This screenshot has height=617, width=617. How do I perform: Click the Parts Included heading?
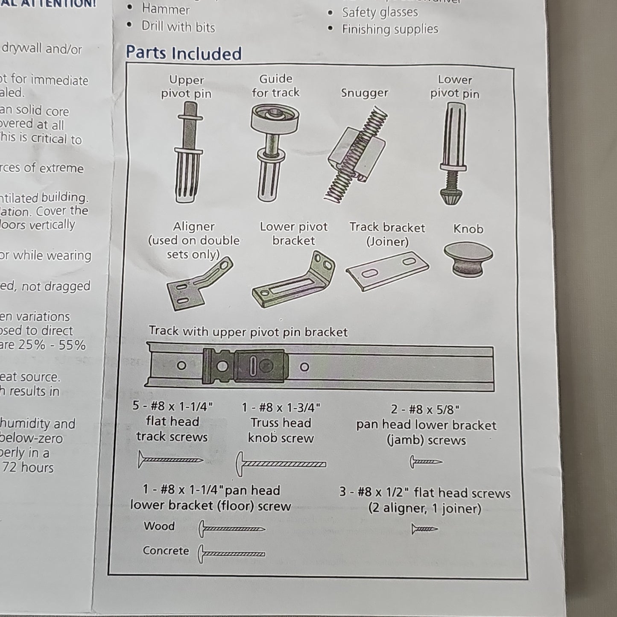pos(184,53)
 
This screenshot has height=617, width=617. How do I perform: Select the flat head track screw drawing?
pos(170,460)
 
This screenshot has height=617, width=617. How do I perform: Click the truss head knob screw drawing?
pos(281,464)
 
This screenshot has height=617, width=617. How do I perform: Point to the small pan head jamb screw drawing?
pos(426,462)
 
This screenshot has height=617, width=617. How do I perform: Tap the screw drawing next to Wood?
pos(231,529)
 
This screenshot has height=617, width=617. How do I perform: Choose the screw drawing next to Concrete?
pos(231,554)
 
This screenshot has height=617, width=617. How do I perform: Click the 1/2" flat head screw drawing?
pos(424,529)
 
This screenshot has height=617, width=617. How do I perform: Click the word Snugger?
pos(364,93)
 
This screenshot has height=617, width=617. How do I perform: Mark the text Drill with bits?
pos(178,27)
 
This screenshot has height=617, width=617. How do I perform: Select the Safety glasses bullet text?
pos(380,12)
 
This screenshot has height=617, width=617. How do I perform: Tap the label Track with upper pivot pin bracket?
pos(248,332)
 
